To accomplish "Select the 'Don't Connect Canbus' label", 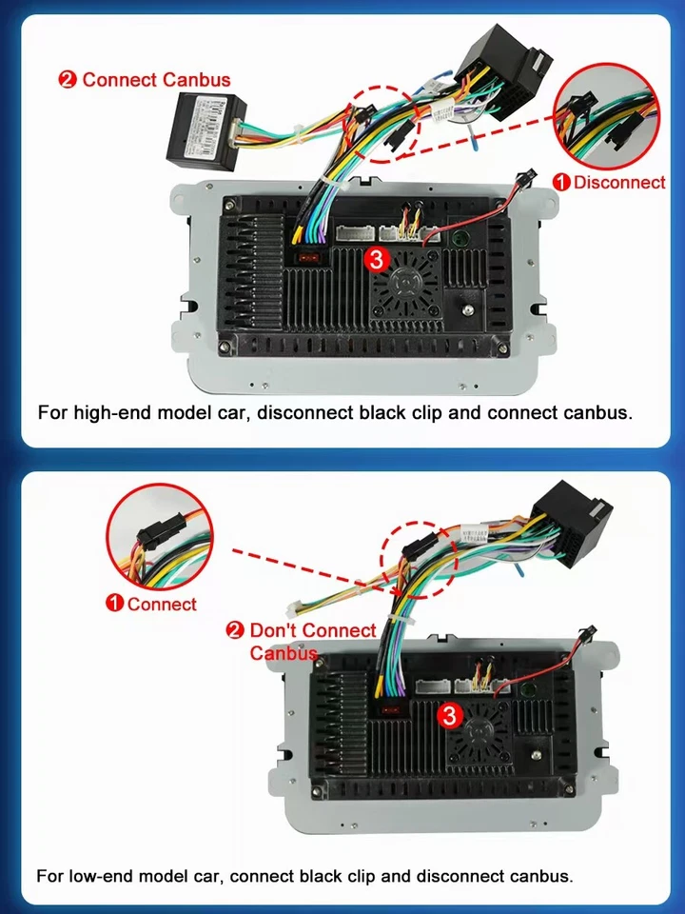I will coord(302,641).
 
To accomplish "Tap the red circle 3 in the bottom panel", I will coord(449,712).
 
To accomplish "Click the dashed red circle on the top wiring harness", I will coord(385,124).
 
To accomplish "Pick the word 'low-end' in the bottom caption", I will coord(105,875).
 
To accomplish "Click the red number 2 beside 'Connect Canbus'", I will coord(68,80).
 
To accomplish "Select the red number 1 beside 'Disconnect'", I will coord(561,182).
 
